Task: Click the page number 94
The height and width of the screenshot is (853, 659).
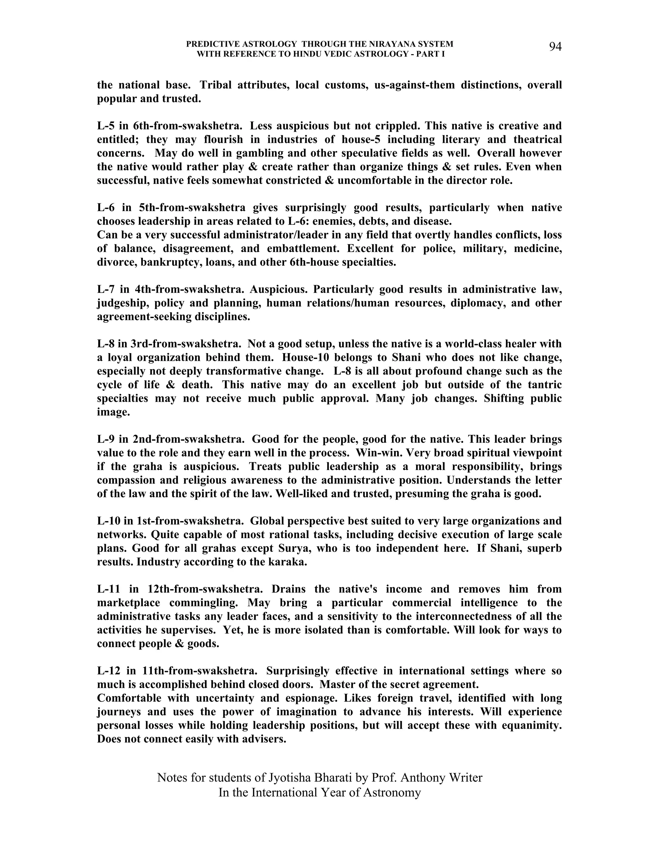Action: click(555, 47)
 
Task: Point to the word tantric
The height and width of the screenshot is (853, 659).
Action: click(543, 385)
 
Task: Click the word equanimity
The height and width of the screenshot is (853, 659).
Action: click(529, 725)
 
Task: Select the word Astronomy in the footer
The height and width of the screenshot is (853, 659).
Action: click(392, 792)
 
